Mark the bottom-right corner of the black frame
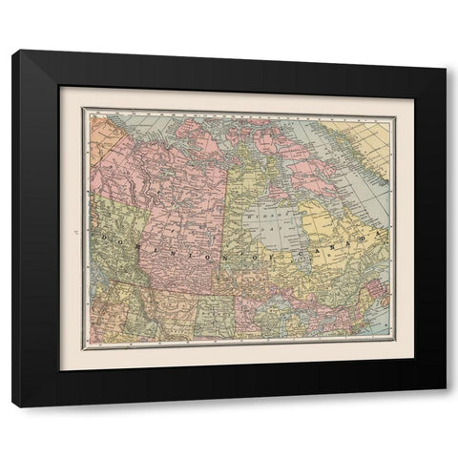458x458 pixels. point(446,406)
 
